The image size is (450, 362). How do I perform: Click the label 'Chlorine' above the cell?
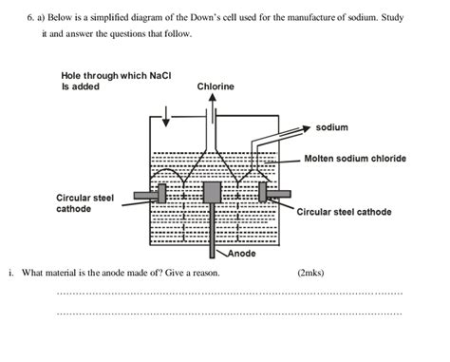(x=216, y=86)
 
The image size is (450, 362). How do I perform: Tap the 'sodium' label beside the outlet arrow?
(x=331, y=126)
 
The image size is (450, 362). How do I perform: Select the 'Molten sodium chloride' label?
(x=355, y=158)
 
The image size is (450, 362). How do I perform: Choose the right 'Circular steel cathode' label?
(x=344, y=212)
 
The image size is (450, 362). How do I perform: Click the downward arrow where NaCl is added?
(x=167, y=116)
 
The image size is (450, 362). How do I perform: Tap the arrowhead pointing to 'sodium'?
(x=308, y=126)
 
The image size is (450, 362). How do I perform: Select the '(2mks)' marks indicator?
(x=310, y=273)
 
